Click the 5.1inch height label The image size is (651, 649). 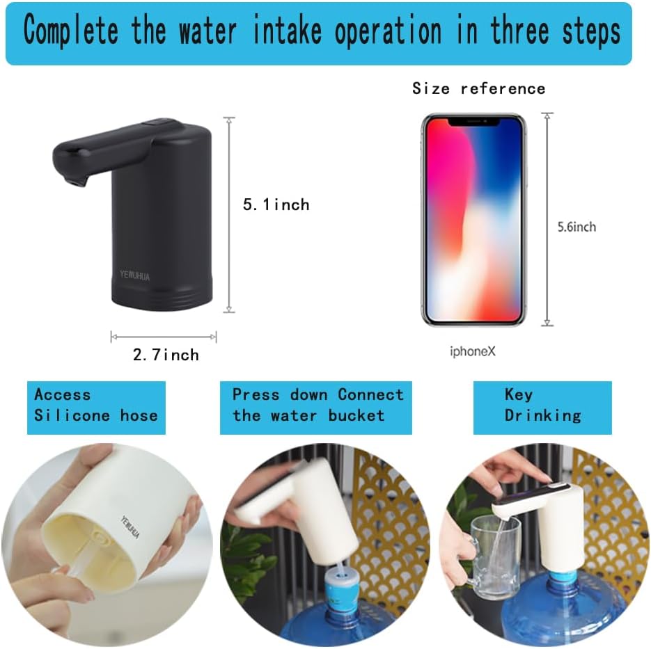pyautogui.click(x=275, y=205)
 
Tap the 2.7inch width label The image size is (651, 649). pyautogui.click(x=166, y=355)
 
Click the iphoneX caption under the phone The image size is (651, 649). pyautogui.click(x=472, y=351)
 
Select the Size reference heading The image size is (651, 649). pyautogui.click(x=478, y=88)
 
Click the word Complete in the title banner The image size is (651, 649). pyautogui.click(x=70, y=32)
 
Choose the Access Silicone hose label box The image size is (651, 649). pyautogui.click(x=96, y=406)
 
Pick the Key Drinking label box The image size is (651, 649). pyautogui.click(x=542, y=406)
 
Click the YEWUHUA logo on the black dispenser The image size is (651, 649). pyautogui.click(x=133, y=276)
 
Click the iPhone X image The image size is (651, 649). pyautogui.click(x=473, y=219)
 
